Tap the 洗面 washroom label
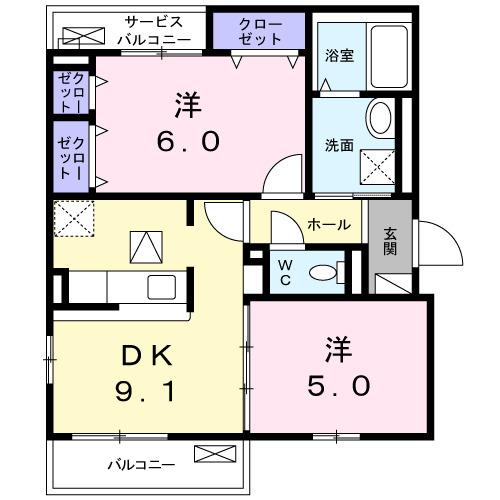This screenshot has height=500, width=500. click(339, 144)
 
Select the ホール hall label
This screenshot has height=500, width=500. click(328, 225)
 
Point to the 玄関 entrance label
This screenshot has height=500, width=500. click(389, 241)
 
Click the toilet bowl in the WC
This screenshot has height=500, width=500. click(323, 271)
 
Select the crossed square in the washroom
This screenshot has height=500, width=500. click(378, 163)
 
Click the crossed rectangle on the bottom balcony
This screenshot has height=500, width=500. click(213, 455)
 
